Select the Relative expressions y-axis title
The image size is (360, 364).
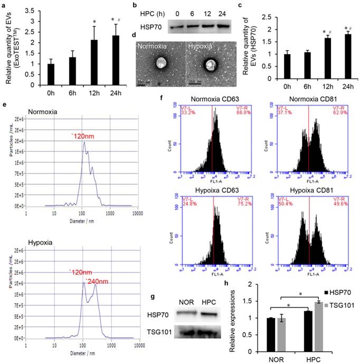coord(233,322)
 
